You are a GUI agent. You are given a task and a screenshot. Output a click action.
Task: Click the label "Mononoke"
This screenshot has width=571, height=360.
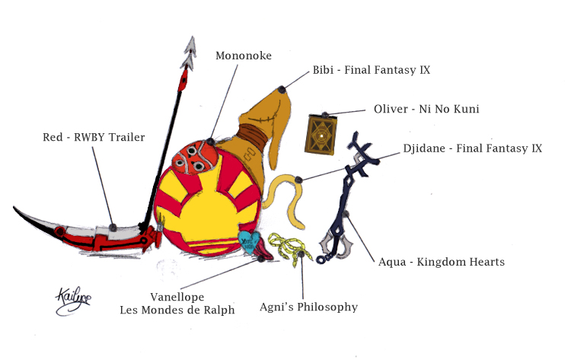pyautogui.click(x=244, y=56)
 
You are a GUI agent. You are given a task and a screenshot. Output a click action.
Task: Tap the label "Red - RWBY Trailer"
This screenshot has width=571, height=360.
pyautogui.click(x=94, y=137)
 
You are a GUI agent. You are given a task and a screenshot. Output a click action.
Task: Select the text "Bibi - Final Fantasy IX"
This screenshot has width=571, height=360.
pyautogui.click(x=372, y=70)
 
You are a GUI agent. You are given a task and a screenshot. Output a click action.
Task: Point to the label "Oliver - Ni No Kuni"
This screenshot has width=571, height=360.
pyautogui.click(x=426, y=109)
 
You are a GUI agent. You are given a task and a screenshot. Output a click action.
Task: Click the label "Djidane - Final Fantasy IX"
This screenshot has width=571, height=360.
pyautogui.click(x=472, y=148)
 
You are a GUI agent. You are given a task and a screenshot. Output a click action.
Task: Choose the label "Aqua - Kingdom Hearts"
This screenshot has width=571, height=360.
pyautogui.click(x=442, y=262)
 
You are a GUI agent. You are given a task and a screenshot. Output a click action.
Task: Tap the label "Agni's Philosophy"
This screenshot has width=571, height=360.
pyautogui.click(x=308, y=307)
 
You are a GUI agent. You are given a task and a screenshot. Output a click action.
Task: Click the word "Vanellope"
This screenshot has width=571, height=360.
pyautogui.click(x=177, y=297)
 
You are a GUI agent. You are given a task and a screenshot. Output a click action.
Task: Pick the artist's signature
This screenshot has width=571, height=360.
pyautogui.click(x=73, y=301)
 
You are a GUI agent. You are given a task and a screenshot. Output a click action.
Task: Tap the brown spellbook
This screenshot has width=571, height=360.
pyautogui.click(x=321, y=135)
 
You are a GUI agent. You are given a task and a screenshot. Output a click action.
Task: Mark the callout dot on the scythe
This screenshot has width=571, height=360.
pyautogui.click(x=113, y=228)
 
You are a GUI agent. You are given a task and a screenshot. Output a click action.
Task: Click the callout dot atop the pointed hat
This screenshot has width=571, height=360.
pyautogui.click(x=281, y=89)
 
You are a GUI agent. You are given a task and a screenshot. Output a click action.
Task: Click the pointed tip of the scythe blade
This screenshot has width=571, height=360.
pyautogui.click(x=14, y=208)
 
